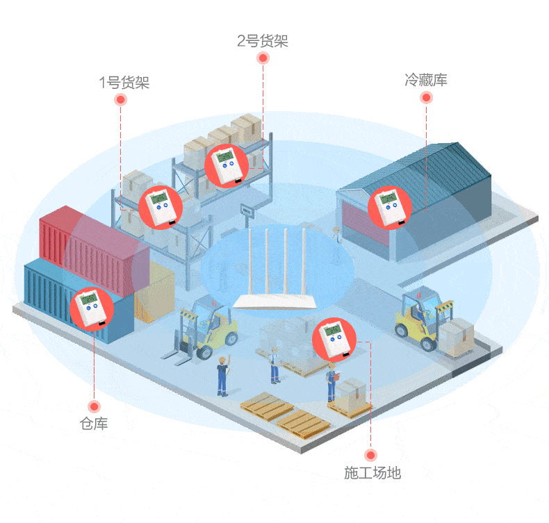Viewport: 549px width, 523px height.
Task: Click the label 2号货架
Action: (x=263, y=41)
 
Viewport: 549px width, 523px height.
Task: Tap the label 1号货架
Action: (x=124, y=83)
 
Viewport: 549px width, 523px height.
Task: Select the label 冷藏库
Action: (x=426, y=80)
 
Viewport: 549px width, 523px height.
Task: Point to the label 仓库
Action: (x=94, y=424)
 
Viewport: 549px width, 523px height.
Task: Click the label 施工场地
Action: (x=372, y=472)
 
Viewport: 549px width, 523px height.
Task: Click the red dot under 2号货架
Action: (x=263, y=58)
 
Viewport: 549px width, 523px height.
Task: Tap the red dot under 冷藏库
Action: (x=426, y=97)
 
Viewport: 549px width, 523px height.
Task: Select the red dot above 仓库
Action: (x=94, y=406)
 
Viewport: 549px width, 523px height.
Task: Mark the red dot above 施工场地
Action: (x=370, y=455)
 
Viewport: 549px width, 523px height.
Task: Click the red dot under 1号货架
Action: (x=120, y=100)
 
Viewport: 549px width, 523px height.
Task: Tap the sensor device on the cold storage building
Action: (x=390, y=208)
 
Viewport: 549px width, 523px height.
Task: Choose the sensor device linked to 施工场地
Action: (x=334, y=340)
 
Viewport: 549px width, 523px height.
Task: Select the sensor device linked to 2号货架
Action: (x=227, y=166)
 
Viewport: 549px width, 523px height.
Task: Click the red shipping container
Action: (x=95, y=250)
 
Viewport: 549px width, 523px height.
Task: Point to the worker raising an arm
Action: (x=223, y=375)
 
